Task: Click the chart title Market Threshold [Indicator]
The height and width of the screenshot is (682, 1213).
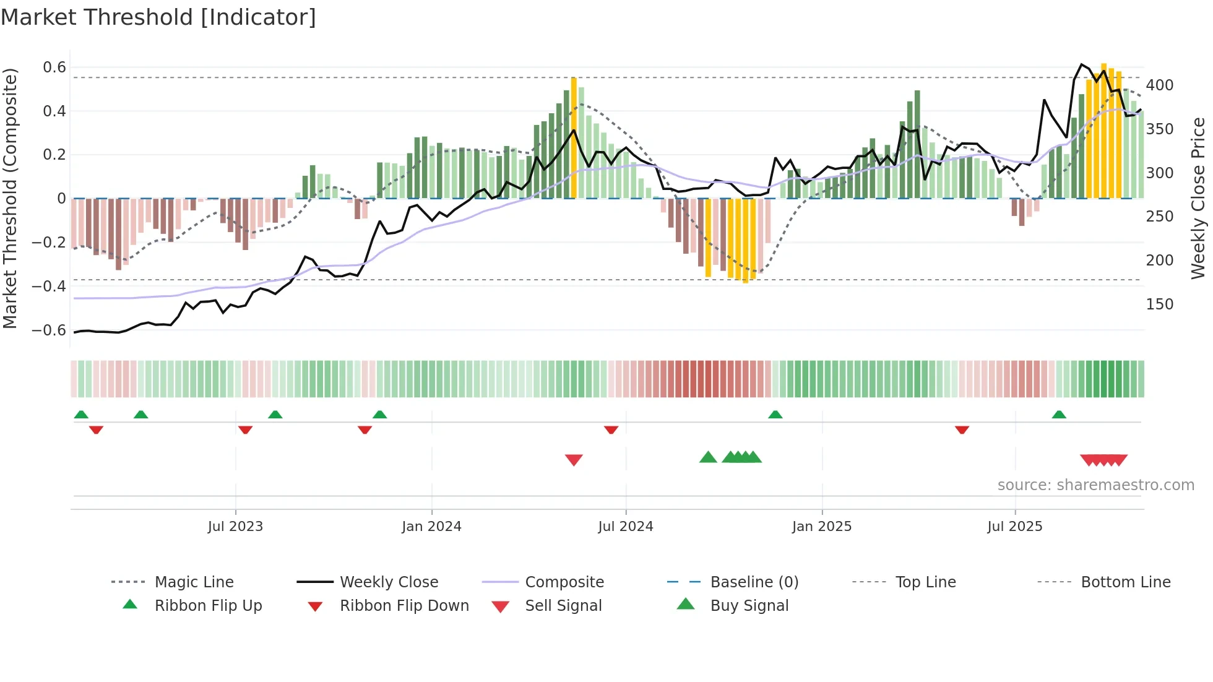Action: click(158, 17)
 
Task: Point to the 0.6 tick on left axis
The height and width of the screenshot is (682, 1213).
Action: click(54, 67)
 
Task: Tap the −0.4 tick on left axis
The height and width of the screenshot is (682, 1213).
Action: click(50, 286)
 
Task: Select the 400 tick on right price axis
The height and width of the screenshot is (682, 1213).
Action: click(1159, 85)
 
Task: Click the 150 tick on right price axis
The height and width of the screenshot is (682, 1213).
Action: click(1159, 304)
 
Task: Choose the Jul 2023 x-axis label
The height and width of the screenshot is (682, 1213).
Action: click(235, 526)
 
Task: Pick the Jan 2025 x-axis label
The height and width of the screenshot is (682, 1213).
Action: click(821, 526)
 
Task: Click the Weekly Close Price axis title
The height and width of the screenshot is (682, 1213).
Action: click(1198, 198)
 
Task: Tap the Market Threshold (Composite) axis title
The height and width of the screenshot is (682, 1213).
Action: click(10, 198)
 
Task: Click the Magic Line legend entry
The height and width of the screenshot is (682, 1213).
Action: click(194, 582)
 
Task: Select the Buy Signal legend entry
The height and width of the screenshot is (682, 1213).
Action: click(749, 605)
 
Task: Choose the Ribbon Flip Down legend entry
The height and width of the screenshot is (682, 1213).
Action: click(404, 605)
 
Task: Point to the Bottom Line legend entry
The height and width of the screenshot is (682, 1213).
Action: click(1125, 582)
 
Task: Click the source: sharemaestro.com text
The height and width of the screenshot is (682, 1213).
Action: click(1095, 485)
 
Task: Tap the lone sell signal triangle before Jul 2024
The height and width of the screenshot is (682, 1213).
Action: click(574, 460)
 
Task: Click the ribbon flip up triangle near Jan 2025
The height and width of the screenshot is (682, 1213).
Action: click(775, 415)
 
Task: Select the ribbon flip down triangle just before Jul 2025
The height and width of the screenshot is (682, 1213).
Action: click(962, 429)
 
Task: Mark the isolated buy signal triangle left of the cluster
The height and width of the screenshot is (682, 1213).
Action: click(708, 457)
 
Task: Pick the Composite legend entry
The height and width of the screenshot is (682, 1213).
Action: click(564, 582)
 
